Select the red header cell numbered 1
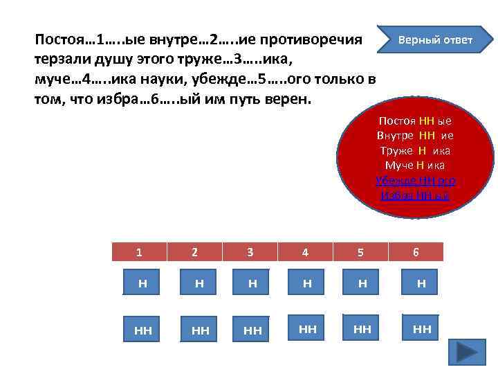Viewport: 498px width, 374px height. tap(139, 253)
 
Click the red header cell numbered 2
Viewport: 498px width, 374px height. tap(194, 253)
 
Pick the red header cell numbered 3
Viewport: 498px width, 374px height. tap(250, 253)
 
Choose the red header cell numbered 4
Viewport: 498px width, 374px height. tap(305, 253)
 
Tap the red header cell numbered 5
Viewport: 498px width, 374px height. tap(360, 253)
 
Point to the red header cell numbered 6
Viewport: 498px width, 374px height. tap(416, 253)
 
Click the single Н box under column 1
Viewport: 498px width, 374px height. tap(142, 283)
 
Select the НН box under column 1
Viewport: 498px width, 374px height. tap(142, 330)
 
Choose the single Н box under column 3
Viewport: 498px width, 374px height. tap(253, 283)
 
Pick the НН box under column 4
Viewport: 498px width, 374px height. tap(308, 329)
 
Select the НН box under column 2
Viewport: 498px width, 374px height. tap(200, 330)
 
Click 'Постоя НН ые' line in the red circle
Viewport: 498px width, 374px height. tap(415, 121)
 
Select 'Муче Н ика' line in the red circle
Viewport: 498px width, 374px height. tap(415, 165)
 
